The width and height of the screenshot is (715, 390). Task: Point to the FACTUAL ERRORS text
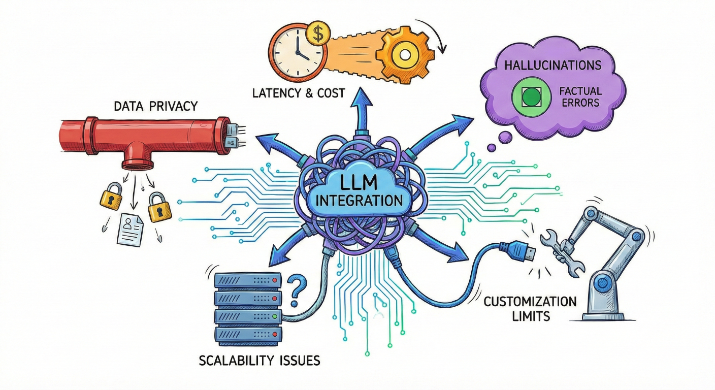tap(580, 96)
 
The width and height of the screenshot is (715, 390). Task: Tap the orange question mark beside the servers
tap(297, 290)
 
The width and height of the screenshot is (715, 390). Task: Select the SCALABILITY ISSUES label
tap(259, 361)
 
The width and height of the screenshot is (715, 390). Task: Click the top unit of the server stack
tap(248, 280)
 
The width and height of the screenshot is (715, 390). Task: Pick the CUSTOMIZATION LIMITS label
tap(530, 309)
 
